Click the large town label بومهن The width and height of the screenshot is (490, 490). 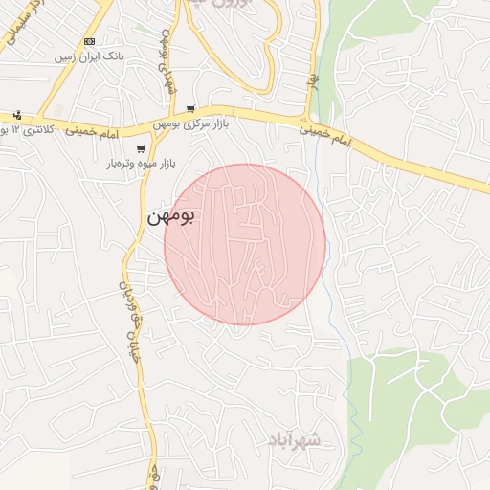click(x=170, y=217)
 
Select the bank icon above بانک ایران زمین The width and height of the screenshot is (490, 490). click(x=90, y=41)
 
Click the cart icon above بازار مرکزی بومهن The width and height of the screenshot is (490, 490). click(x=191, y=109)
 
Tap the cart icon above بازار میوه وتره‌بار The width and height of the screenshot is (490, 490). click(x=142, y=148)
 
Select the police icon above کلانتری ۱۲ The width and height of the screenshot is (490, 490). click(x=18, y=114)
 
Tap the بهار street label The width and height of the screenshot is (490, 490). click(x=311, y=71)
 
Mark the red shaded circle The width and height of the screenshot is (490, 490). click(x=245, y=244)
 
